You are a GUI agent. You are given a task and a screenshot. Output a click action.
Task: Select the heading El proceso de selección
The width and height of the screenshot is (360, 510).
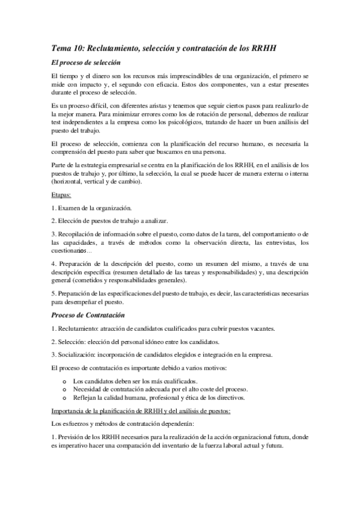click(x=86, y=63)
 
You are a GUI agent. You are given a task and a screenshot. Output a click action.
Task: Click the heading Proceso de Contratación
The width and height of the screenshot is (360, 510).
click(x=88, y=315)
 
